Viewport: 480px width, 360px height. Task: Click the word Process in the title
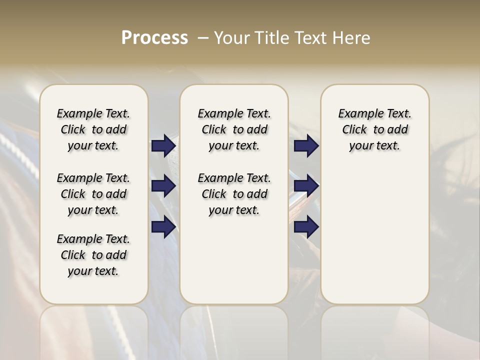(154, 38)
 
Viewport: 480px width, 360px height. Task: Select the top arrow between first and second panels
(163, 145)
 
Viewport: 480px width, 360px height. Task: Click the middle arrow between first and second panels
(163, 186)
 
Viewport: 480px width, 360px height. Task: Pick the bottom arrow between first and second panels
(163, 227)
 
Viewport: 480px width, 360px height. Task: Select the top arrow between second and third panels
(306, 145)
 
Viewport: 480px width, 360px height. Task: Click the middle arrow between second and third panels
(306, 186)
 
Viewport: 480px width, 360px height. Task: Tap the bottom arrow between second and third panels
(306, 227)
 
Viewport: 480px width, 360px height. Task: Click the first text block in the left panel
(93, 129)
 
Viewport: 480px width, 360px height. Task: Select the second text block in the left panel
(93, 194)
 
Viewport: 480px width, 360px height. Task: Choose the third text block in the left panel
(93, 255)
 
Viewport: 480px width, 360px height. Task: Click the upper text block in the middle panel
(234, 129)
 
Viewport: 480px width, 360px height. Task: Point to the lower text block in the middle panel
(234, 194)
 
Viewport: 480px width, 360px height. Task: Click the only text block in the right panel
(374, 129)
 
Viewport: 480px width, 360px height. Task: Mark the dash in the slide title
(203, 38)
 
